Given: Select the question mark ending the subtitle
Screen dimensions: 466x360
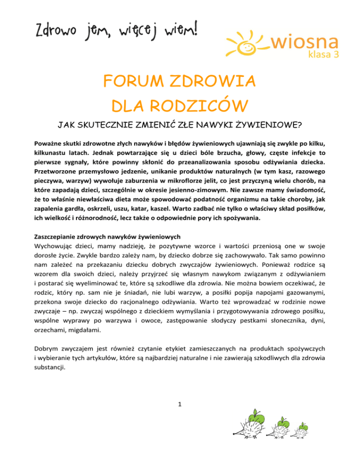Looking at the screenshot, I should [x=300, y=126].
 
